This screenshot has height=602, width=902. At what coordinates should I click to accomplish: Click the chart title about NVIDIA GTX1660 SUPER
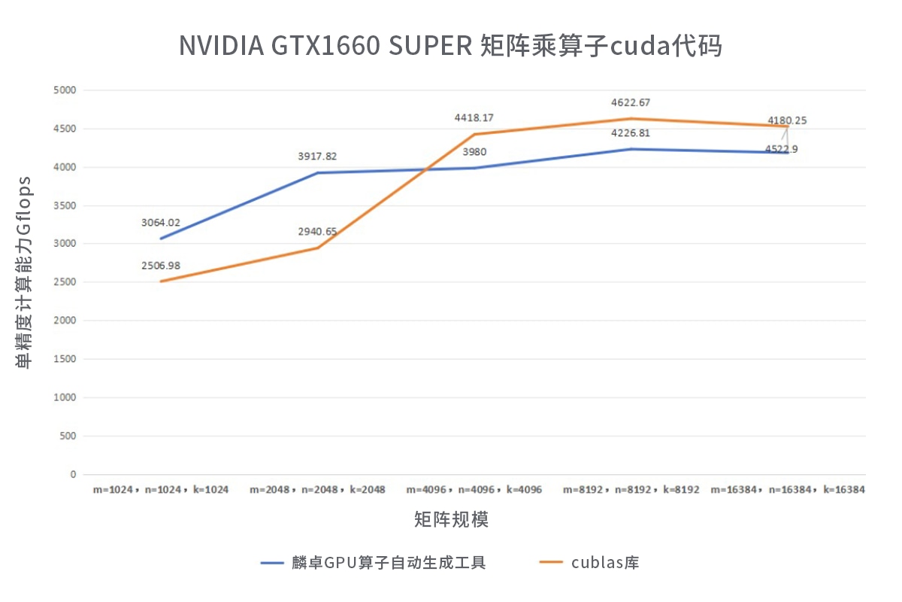coord(450,45)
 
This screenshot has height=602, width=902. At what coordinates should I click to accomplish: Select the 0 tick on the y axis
coord(73,474)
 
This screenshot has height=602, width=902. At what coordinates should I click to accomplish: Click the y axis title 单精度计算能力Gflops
coord(24,272)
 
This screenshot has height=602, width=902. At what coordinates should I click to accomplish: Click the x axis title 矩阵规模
coord(451,519)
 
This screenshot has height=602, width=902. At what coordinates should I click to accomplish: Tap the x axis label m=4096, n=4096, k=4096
coord(474,490)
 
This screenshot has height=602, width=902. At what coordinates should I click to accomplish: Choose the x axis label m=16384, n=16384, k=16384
coord(788,490)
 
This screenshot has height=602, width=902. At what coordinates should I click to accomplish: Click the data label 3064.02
coord(161,223)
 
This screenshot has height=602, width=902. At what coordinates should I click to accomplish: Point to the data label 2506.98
coord(161,266)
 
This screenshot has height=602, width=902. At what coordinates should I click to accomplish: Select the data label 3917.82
coord(317,157)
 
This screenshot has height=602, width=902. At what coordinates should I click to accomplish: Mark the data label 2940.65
coord(317,232)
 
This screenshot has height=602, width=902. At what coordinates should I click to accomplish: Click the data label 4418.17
coord(474,118)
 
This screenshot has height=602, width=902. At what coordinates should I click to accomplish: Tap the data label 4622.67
coord(631,102)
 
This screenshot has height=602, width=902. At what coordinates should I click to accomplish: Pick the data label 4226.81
coord(631,133)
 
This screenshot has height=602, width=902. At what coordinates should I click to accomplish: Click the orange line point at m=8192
coord(631,119)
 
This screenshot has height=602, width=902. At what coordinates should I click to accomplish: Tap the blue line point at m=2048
coord(318,173)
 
